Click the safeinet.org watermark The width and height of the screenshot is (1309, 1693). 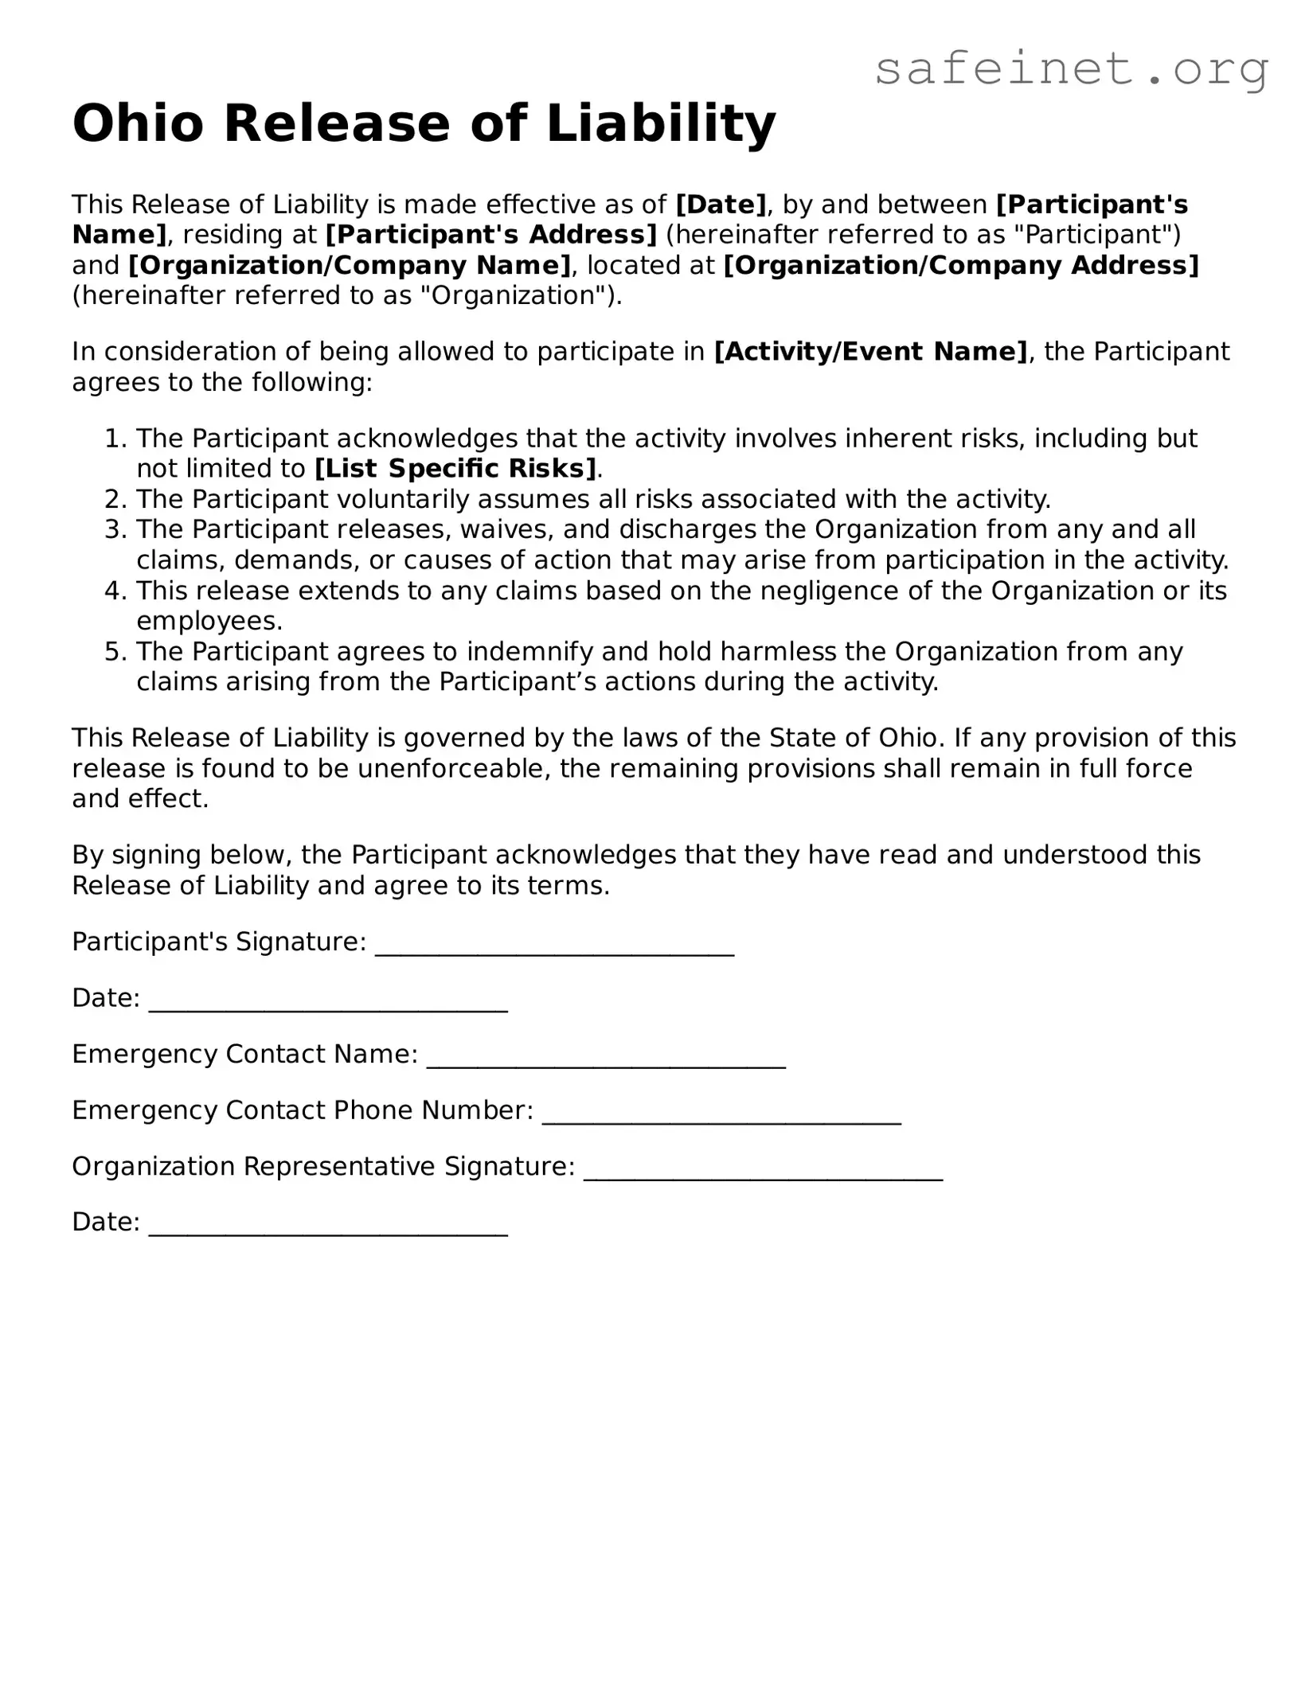click(x=1071, y=70)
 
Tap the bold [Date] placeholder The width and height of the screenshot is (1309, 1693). click(x=721, y=205)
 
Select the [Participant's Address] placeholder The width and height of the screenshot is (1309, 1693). click(x=491, y=235)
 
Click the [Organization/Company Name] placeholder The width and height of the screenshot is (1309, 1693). click(x=350, y=265)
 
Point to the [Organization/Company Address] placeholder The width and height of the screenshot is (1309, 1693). click(x=960, y=265)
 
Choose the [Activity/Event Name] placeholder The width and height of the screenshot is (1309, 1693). click(x=871, y=351)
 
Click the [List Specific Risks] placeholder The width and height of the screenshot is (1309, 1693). click(x=455, y=469)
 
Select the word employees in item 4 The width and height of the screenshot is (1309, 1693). click(x=209, y=621)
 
